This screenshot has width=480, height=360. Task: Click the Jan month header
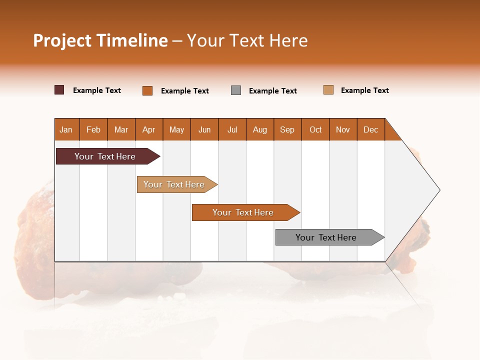[66, 129]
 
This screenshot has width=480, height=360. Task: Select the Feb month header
[93, 129]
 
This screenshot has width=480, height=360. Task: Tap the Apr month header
[149, 129]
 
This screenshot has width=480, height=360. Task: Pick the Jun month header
[204, 129]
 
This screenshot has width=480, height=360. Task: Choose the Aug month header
[260, 129]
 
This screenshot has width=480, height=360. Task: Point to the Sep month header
[287, 129]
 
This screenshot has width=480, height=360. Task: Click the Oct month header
[315, 129]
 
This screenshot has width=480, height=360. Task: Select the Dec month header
[371, 129]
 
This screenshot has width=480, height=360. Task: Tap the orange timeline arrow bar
[243, 212]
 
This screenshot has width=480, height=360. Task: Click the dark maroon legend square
[59, 90]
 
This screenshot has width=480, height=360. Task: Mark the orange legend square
[147, 90]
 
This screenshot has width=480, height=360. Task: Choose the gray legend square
[236, 90]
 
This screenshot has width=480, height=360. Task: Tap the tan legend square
[328, 90]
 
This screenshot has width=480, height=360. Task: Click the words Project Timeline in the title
[100, 40]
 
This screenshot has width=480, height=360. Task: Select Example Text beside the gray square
[273, 91]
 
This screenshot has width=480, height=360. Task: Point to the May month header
[176, 129]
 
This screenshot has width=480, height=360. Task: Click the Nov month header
[343, 129]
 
